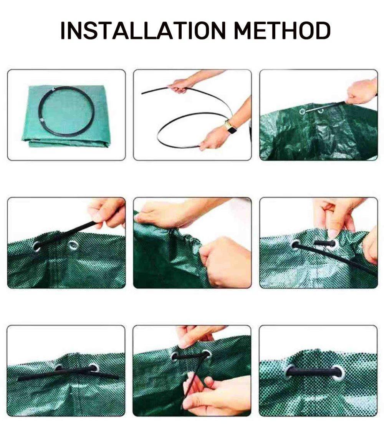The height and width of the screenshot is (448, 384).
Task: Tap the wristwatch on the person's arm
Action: [230, 127]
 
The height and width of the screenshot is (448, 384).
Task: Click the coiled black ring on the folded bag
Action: [66, 111]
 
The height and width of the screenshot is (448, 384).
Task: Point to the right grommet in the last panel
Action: [339, 373]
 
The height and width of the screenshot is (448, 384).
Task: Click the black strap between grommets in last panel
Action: [314, 372]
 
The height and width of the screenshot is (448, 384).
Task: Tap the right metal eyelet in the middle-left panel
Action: [73, 245]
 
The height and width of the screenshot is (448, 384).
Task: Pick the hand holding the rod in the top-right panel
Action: [362, 91]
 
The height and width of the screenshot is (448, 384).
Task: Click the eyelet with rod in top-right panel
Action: [302, 111]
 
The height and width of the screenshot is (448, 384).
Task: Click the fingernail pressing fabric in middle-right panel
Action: [332, 234]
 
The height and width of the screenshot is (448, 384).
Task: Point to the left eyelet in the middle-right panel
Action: [296, 245]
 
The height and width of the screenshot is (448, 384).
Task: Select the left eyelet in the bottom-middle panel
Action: [174, 357]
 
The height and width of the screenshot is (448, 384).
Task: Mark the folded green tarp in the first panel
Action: [66, 116]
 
